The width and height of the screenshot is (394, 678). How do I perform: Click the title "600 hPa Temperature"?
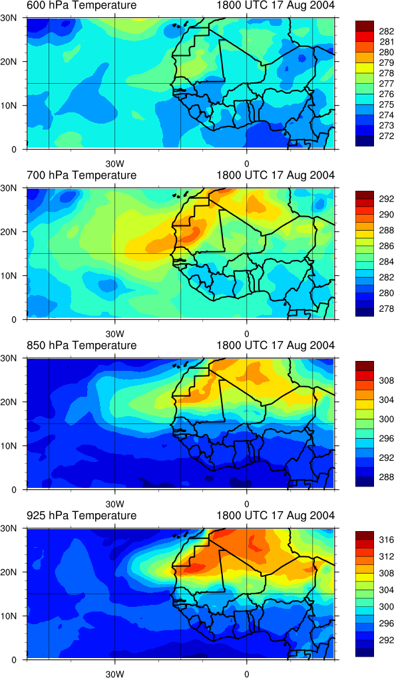tap(81, 5)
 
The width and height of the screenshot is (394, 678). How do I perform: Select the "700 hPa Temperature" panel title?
tap(81, 175)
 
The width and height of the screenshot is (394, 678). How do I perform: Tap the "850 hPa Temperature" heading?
tap(81, 346)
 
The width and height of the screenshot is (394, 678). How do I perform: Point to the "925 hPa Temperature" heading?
tap(81, 515)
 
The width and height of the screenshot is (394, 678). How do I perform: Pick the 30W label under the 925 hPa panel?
tap(115, 673)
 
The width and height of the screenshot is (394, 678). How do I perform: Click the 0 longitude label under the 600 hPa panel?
tap(246, 164)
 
